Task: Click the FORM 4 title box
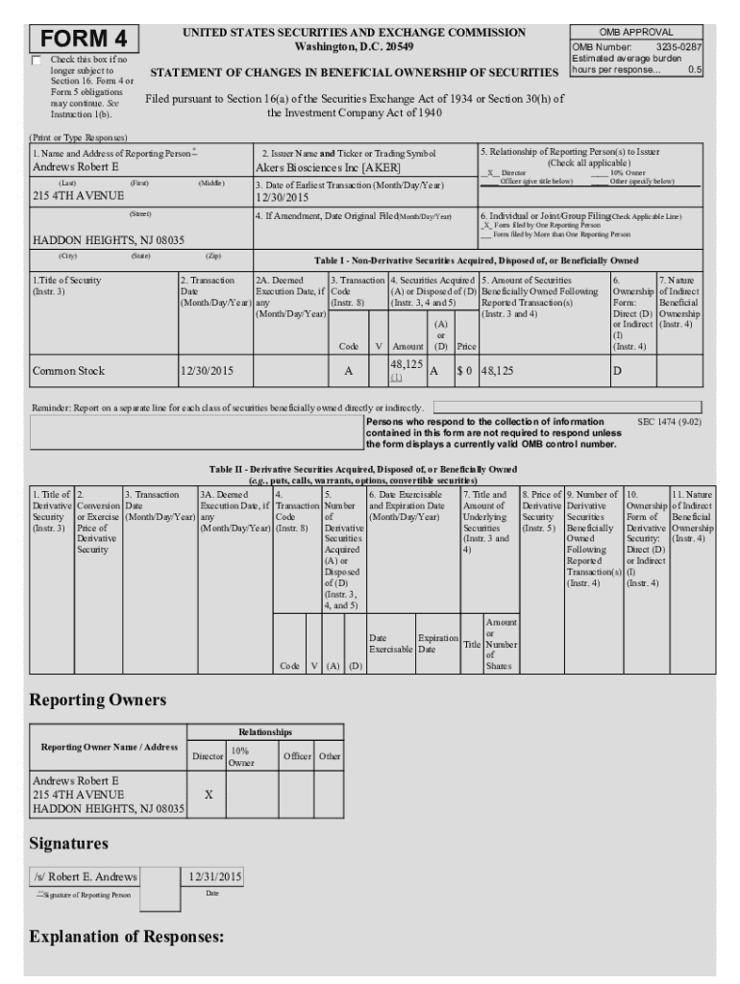(86, 39)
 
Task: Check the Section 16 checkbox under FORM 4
(37, 61)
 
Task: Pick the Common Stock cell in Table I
(68, 370)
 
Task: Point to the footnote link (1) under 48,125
(396, 378)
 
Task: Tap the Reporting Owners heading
(98, 701)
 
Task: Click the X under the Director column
(209, 796)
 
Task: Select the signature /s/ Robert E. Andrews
(86, 876)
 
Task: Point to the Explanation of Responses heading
(127, 936)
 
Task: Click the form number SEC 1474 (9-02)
(669, 421)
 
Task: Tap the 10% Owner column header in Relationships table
(240, 756)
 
